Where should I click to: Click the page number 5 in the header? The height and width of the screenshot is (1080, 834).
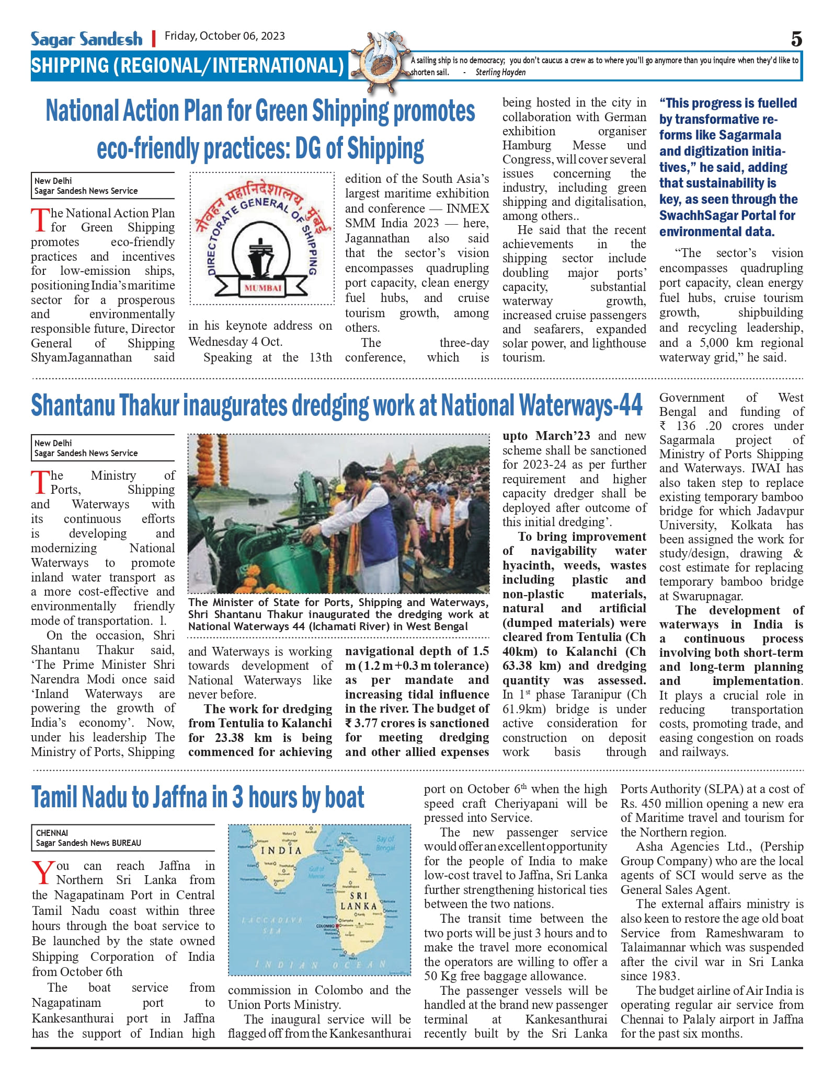pyautogui.click(x=796, y=39)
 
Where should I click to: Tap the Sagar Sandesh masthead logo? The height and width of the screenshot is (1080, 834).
pyautogui.click(x=86, y=39)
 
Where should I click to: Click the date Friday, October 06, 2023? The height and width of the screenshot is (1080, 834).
pyautogui.click(x=225, y=36)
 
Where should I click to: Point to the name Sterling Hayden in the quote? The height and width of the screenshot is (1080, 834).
pyautogui.click(x=500, y=73)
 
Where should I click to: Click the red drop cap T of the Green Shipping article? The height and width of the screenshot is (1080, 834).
pyautogui.click(x=40, y=219)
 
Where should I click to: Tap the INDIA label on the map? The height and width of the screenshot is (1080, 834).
pyautogui.click(x=281, y=850)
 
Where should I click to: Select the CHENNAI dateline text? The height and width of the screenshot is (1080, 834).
pyautogui.click(x=52, y=833)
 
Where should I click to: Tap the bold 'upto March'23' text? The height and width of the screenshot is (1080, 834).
pyautogui.click(x=546, y=436)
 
